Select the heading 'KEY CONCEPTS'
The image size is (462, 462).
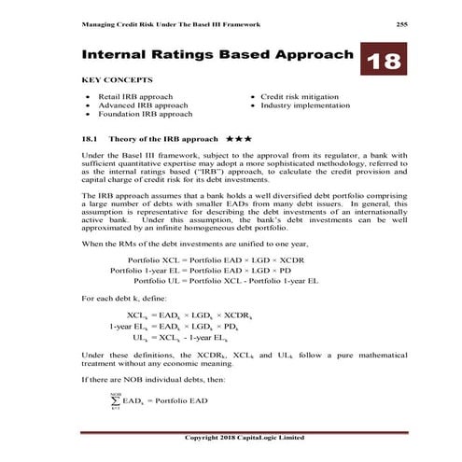pyautogui.click(x=117, y=80)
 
